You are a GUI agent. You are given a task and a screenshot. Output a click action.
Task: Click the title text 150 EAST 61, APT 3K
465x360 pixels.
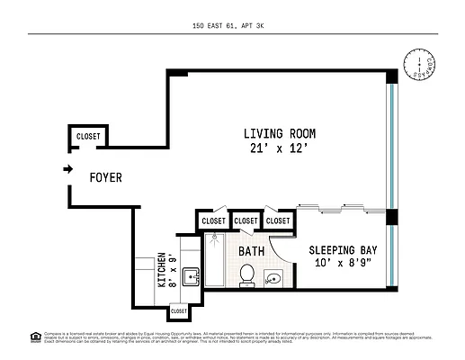coord(232,26)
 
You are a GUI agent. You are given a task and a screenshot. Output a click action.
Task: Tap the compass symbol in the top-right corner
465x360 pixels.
coord(418,66)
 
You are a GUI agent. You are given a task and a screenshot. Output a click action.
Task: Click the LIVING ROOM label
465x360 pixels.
coord(280,133)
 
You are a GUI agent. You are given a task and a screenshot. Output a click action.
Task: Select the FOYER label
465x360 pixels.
coord(105,178)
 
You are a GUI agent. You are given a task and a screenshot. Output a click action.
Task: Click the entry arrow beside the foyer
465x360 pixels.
coord(67,168)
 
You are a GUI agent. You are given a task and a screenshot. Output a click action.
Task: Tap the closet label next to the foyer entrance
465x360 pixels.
coord(88,137)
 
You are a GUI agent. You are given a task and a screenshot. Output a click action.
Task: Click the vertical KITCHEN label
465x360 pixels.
coord(163,267)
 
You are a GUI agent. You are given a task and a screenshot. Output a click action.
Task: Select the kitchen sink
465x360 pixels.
coord(191,275)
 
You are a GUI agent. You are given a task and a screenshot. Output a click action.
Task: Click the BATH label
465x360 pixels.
coord(252,251)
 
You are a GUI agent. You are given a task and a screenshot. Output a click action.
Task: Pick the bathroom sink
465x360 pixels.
coord(274,278)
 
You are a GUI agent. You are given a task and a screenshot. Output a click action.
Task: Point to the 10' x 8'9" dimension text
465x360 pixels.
coord(343,265)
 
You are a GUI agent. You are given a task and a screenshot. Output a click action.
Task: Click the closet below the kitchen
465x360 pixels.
coord(179,310)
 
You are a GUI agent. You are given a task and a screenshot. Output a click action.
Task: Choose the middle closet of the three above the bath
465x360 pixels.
coord(246,220)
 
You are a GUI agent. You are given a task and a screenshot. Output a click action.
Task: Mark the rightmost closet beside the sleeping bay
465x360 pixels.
coord(278,220)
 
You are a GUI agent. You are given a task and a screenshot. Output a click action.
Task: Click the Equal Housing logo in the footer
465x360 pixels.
coord(35,337)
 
